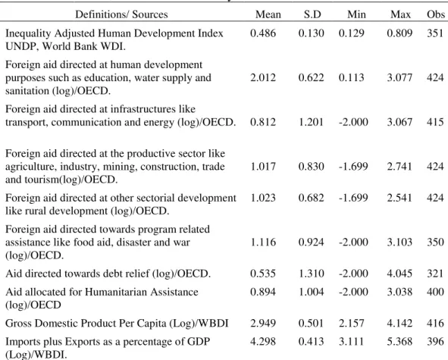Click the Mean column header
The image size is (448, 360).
tap(268, 14)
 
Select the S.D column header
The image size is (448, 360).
tap(312, 14)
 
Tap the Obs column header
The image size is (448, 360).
tap(436, 14)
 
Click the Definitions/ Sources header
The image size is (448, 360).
tap(121, 14)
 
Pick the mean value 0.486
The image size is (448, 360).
tap(263, 33)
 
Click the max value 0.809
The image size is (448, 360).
tap(399, 33)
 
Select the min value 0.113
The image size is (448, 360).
tap(351, 78)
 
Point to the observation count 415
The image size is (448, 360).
tap(435, 122)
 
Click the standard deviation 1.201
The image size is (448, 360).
tap(311, 122)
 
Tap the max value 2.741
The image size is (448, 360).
tap(399, 167)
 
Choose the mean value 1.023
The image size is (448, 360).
tap(263, 198)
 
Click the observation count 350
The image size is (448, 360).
tap(435, 243)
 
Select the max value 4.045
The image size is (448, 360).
tap(399, 274)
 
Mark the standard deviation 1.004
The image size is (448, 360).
tap(311, 292)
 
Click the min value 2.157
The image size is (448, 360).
tap(351, 323)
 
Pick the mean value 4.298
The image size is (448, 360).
tap(263, 342)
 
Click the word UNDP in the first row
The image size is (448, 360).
tap(22, 46)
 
